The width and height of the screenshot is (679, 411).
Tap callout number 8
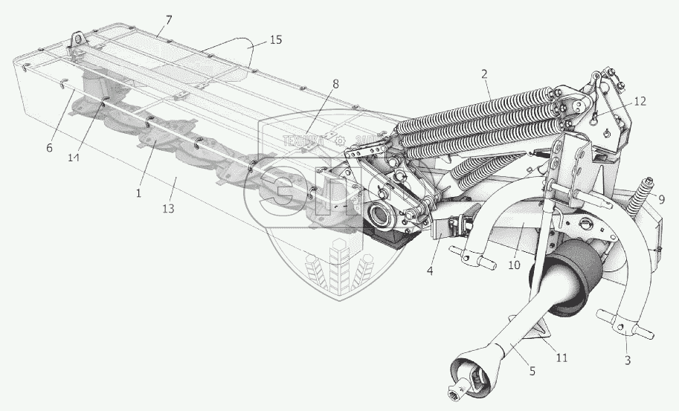click(336, 85)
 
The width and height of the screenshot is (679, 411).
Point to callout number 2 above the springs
click(484, 74)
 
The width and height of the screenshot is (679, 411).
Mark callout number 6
click(49, 148)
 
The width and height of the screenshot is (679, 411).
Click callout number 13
click(169, 209)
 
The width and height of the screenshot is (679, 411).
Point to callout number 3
click(626, 360)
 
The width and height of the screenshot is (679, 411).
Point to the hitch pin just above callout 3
click(628, 327)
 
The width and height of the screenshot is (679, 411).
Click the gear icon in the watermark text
click(339, 139)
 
